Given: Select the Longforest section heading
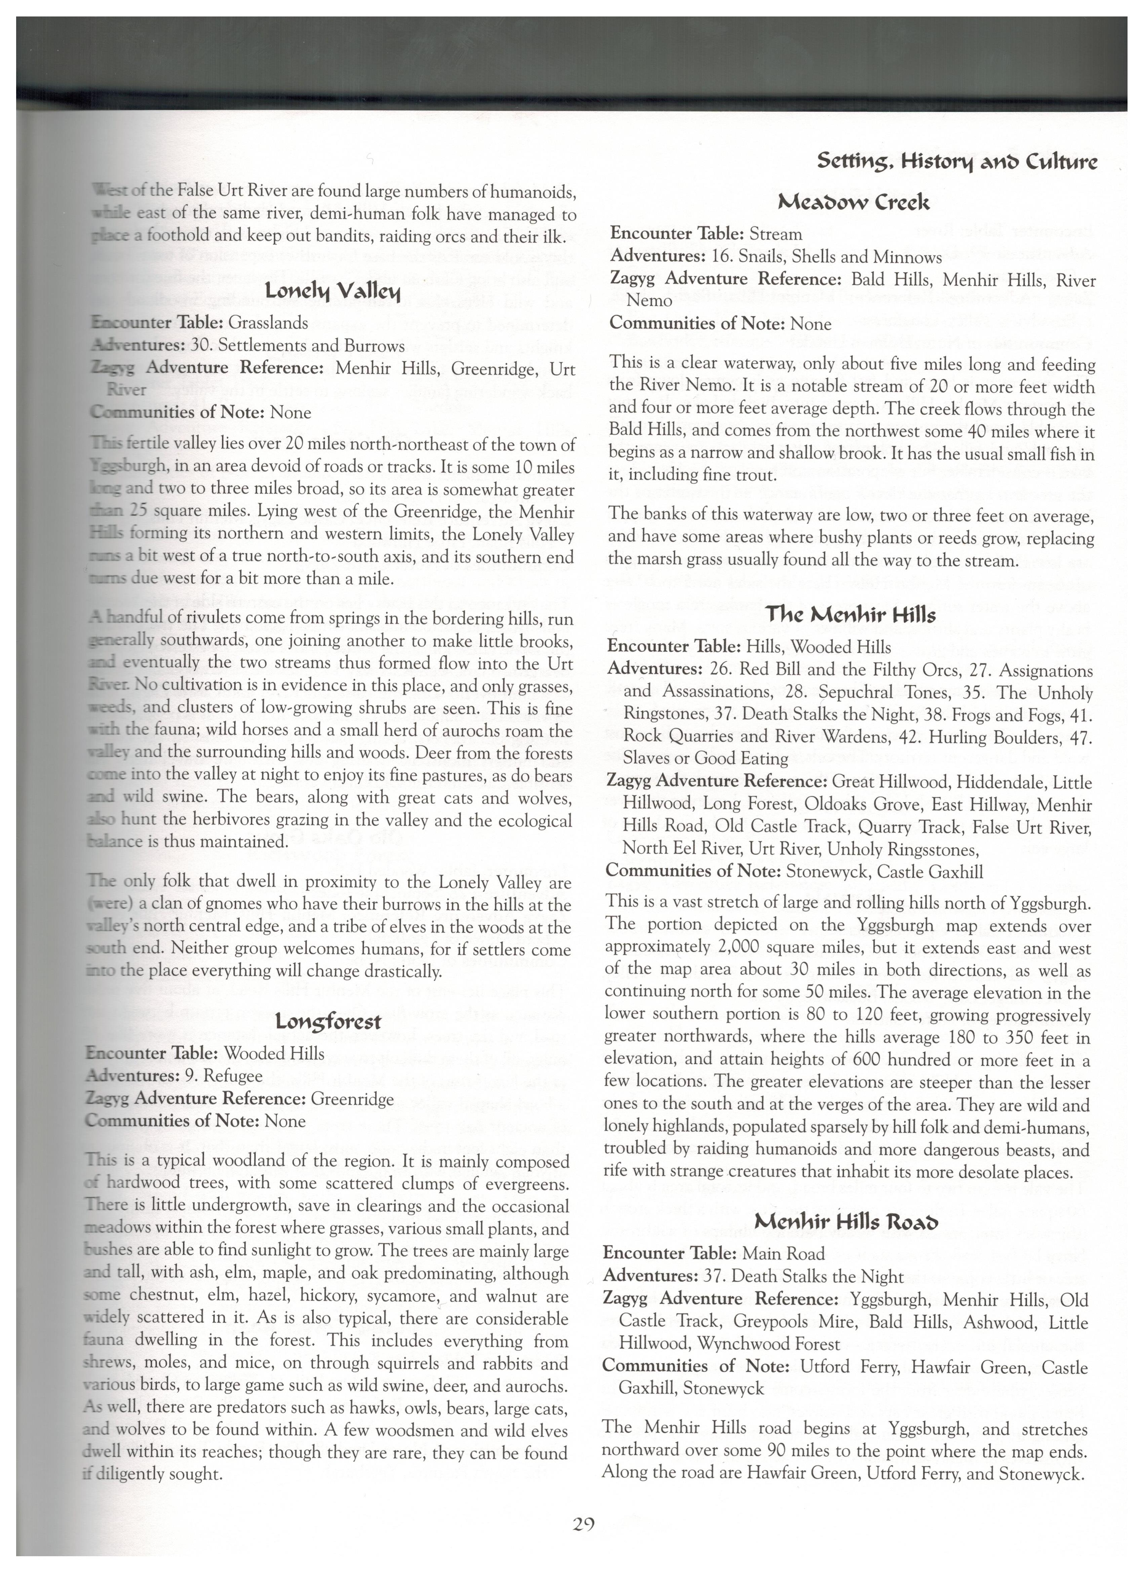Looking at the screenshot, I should tap(328, 1022).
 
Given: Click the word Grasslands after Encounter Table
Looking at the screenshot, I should tap(268, 322).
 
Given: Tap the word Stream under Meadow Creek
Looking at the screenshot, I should tap(776, 234).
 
